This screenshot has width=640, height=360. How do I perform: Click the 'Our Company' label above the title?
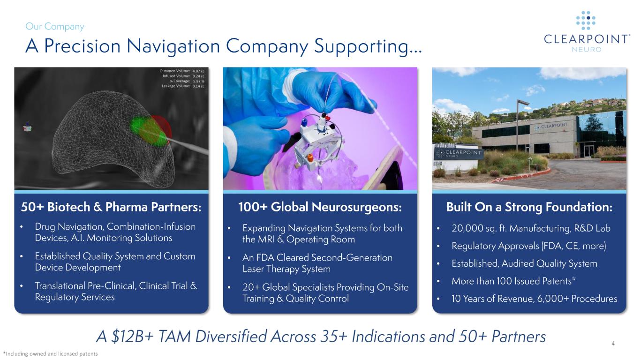coord(55,27)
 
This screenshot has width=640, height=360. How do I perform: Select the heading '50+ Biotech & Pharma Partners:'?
coord(111,207)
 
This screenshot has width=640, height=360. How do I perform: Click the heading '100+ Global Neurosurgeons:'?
coord(320,207)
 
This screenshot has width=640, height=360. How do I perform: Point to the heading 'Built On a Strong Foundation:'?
coord(529,207)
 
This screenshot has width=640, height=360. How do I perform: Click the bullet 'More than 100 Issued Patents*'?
coord(513,281)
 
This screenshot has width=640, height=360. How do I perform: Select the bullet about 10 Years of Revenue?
coord(534,299)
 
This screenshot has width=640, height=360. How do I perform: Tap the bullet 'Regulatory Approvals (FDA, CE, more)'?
coord(528,246)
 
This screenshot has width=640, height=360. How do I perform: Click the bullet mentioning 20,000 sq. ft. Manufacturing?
coord(531,228)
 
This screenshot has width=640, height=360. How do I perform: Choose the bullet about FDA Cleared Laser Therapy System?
coord(317,263)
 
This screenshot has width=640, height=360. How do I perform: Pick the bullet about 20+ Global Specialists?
coord(325,292)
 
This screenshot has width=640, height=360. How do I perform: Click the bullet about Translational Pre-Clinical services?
coord(115,291)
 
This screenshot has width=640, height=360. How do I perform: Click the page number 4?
coord(613,345)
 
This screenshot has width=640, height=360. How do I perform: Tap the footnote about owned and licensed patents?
coord(51,354)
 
